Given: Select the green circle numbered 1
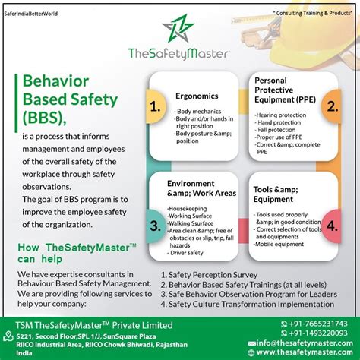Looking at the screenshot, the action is click(155, 107).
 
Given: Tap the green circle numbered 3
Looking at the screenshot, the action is click(155, 225).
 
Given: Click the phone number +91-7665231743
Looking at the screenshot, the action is click(317, 323).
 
